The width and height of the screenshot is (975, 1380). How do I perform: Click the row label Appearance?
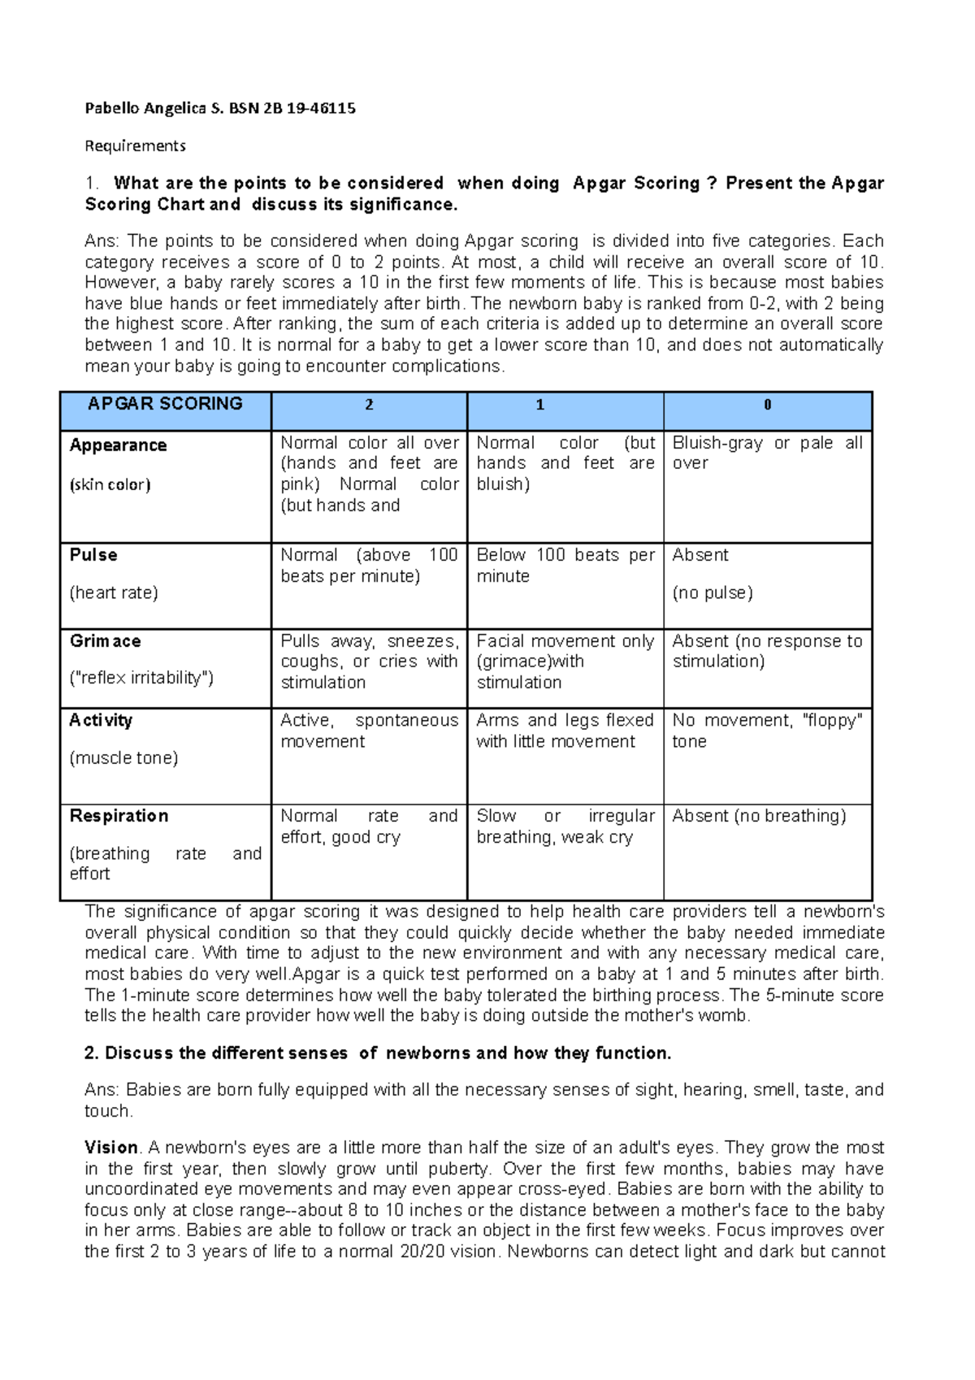pyautogui.click(x=119, y=445)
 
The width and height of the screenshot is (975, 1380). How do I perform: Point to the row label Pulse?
pyautogui.click(x=93, y=555)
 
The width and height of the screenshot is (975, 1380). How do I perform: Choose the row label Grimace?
pyautogui.click(x=106, y=641)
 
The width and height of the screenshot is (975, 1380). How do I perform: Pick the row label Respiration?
pyautogui.click(x=119, y=816)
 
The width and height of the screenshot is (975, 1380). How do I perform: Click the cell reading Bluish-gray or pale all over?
pyautogui.click(x=767, y=453)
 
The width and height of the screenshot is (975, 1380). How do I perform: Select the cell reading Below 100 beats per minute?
pyautogui.click(x=565, y=565)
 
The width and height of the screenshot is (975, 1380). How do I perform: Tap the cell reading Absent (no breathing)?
pyautogui.click(x=759, y=816)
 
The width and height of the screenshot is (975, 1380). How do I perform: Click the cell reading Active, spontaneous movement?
pyautogui.click(x=369, y=731)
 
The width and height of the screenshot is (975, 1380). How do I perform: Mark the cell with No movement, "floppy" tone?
pyautogui.click(x=767, y=731)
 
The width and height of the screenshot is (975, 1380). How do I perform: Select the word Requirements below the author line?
pyautogui.click(x=136, y=146)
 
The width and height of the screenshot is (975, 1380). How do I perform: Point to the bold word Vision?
pyautogui.click(x=111, y=1148)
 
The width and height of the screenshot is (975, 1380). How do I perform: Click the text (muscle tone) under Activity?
pyautogui.click(x=123, y=758)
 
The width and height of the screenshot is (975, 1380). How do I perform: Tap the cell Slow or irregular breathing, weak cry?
pyautogui.click(x=565, y=826)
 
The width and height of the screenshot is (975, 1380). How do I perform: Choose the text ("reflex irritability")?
pyautogui.click(x=141, y=678)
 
